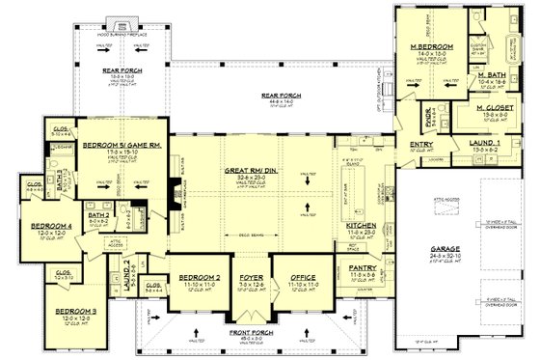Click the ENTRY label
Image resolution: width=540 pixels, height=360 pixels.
pyautogui.click(x=408, y=146)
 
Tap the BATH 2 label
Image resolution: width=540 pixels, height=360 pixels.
pyautogui.click(x=101, y=213)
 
